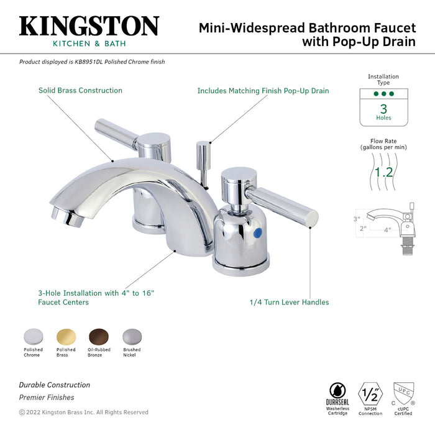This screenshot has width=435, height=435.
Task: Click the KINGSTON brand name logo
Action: pyautogui.click(x=89, y=25)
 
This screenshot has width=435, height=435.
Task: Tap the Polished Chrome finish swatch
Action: pyautogui.click(x=33, y=336)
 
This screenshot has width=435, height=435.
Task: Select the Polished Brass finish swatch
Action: pyautogui.click(x=66, y=336)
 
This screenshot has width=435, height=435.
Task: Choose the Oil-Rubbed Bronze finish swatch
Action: pyautogui.click(x=98, y=336)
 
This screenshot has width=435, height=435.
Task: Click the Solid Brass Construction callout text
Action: pyautogui.click(x=80, y=91)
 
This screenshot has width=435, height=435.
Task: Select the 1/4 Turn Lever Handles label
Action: pyautogui.click(x=289, y=303)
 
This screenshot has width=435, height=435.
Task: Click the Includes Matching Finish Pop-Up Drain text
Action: pyautogui.click(x=263, y=91)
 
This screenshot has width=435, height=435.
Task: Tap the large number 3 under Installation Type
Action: pyautogui.click(x=383, y=108)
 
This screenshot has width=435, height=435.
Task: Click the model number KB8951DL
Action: pyautogui.click(x=91, y=62)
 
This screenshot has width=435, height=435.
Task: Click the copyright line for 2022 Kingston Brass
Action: pyautogui.click(x=84, y=412)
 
